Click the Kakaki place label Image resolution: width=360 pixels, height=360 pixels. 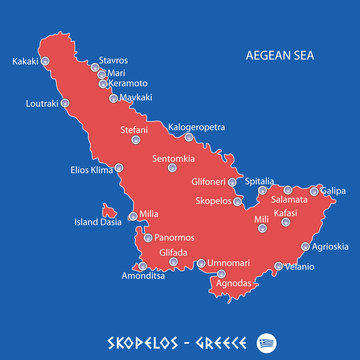click(x=25, y=61)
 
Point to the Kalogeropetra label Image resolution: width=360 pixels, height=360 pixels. click(x=197, y=127)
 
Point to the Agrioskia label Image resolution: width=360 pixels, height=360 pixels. click(x=331, y=246)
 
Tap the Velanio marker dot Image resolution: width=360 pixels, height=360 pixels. click(x=279, y=267)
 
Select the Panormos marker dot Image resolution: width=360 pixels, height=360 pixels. click(x=149, y=238)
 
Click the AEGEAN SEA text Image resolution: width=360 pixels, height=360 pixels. click(x=288, y=56)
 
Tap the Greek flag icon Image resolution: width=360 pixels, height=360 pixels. click(x=266, y=337)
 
